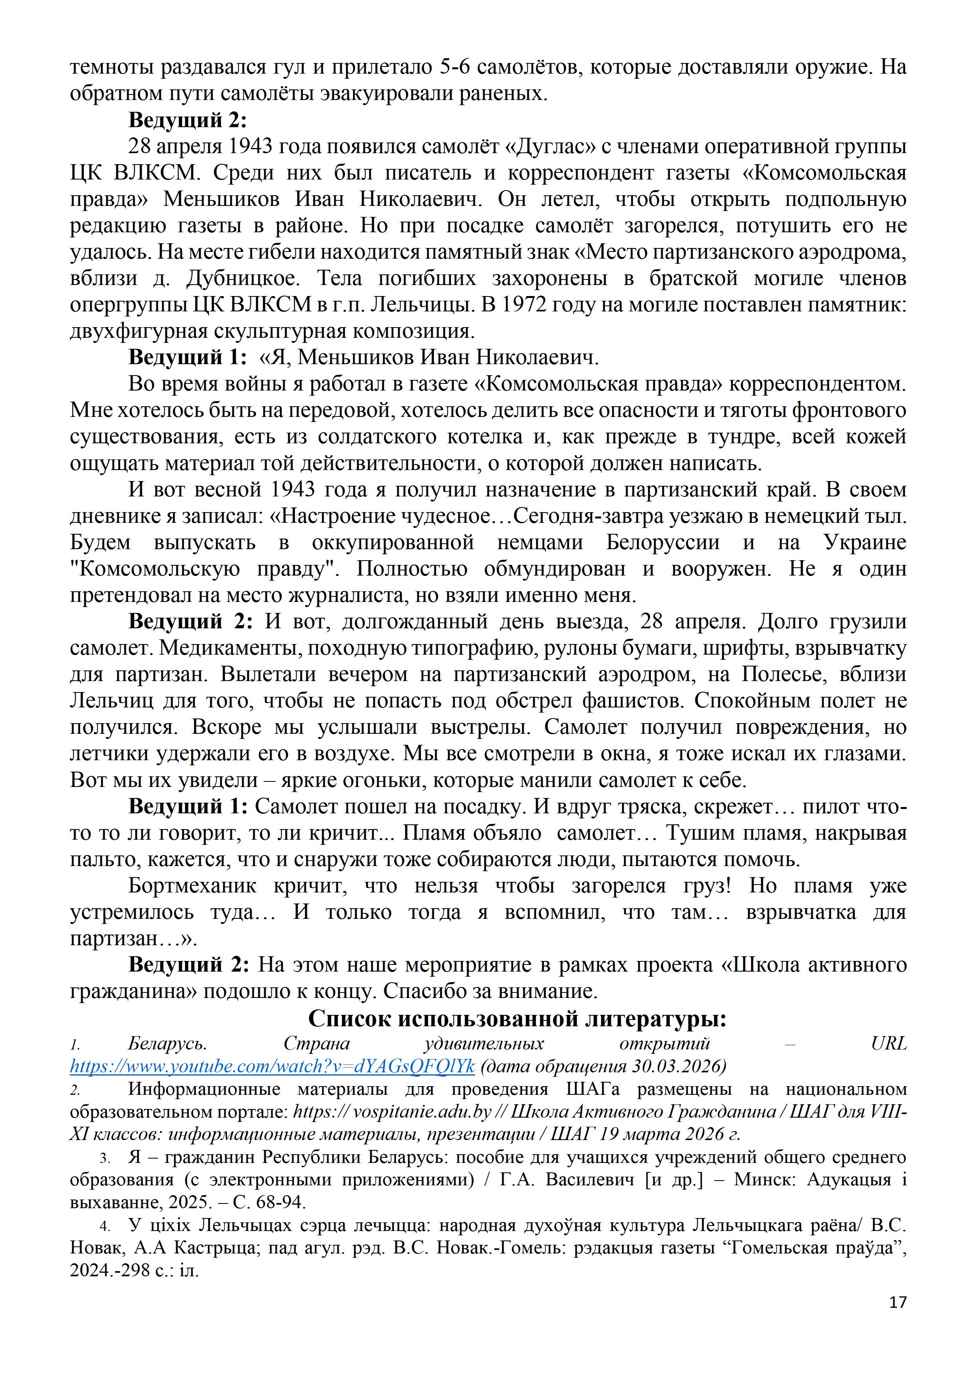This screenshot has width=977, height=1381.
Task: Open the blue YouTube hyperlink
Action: (272, 1066)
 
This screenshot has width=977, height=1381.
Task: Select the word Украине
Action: (863, 542)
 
